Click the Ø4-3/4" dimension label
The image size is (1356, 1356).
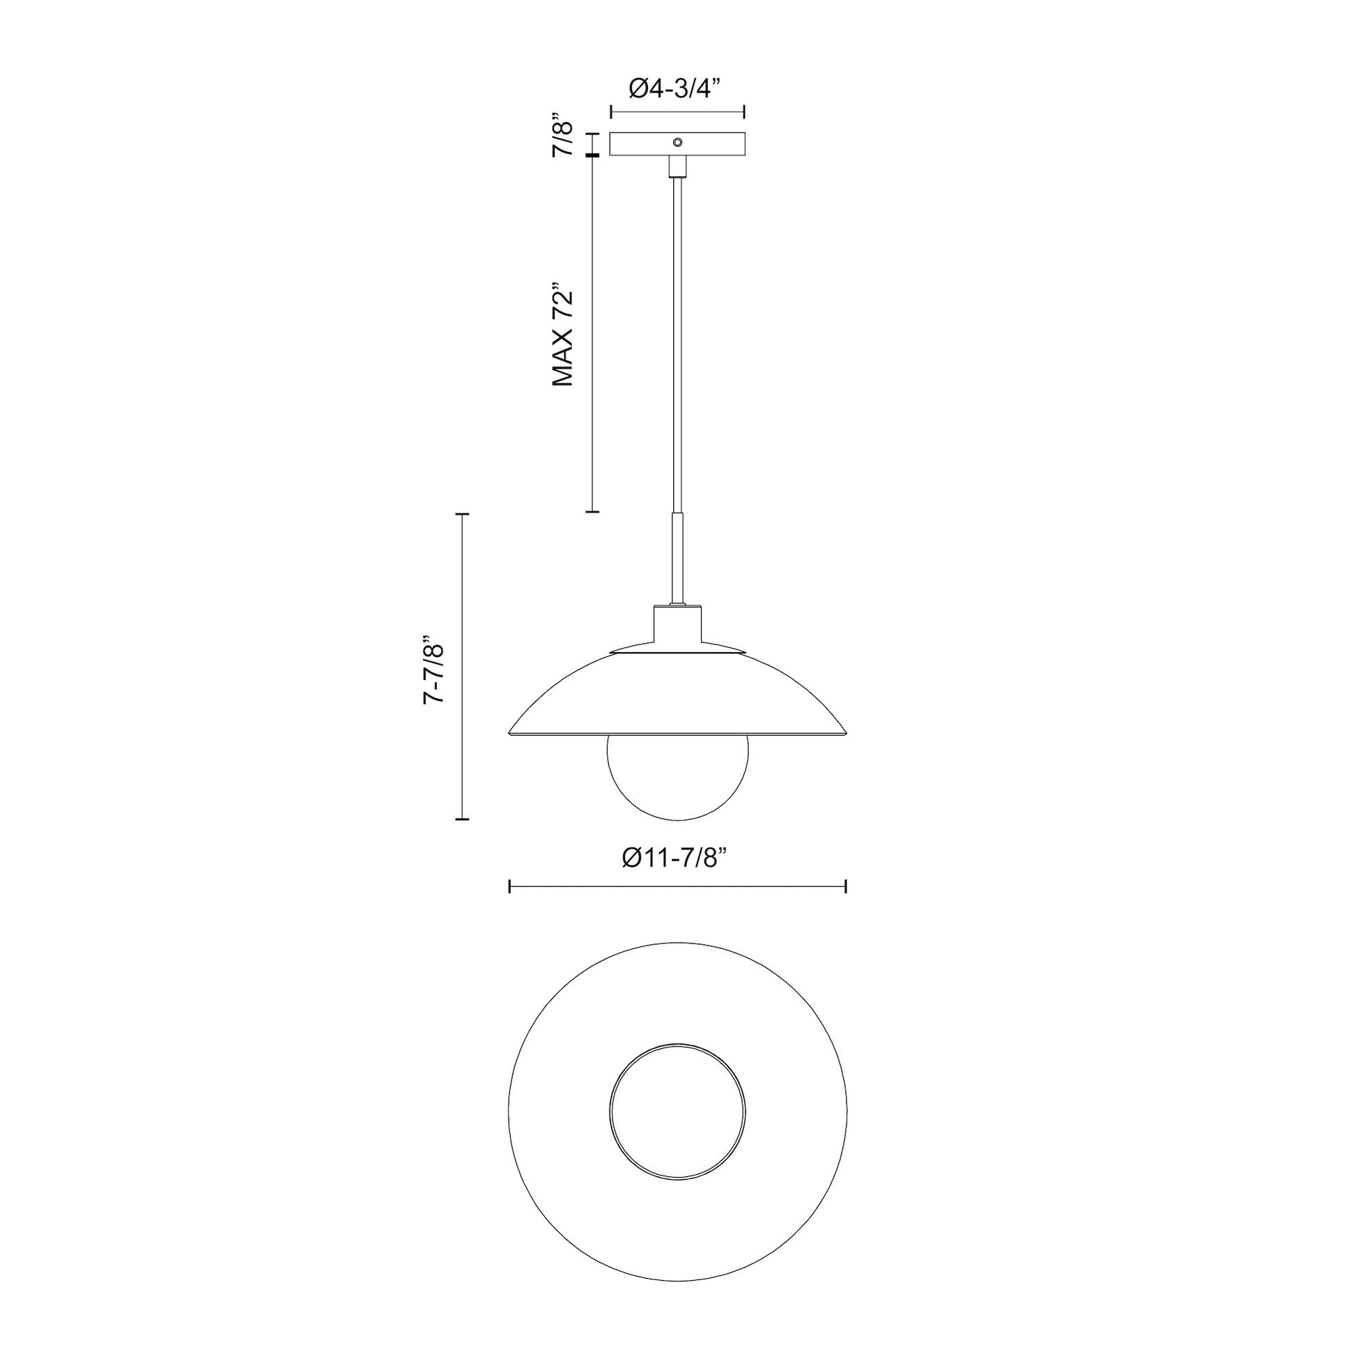[x=676, y=89]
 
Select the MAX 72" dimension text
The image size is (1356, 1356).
[x=563, y=335]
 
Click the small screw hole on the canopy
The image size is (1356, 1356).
[x=677, y=141]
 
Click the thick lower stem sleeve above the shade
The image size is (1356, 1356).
[x=677, y=558]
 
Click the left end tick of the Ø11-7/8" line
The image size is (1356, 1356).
[x=509, y=886]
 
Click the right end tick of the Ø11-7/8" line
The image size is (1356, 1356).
[x=847, y=886]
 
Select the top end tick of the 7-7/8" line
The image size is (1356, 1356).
[x=462, y=514]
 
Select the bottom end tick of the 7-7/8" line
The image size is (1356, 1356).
[x=462, y=818]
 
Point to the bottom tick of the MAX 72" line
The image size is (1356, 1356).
[x=592, y=511]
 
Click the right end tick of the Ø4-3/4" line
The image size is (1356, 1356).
[x=744, y=111]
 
